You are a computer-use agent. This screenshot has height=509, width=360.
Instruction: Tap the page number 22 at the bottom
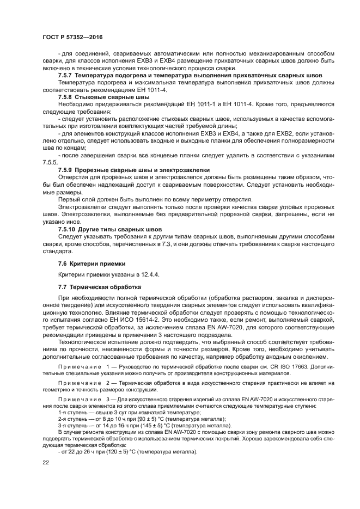[x=46, y=462]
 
